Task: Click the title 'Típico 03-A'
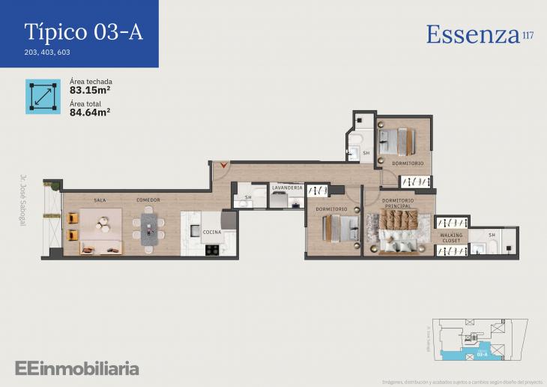[x=83, y=31]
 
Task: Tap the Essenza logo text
[x=473, y=34]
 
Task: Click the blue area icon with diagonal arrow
[x=43, y=96]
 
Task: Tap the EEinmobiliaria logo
[x=76, y=367]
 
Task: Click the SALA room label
[x=100, y=200]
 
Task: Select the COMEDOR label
[x=148, y=200]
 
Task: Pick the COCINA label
[x=212, y=232]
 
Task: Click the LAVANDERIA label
[x=287, y=187]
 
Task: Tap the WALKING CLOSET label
[x=452, y=238]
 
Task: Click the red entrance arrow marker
[x=220, y=165]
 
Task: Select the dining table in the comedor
[x=150, y=228]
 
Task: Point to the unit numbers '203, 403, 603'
[x=48, y=52]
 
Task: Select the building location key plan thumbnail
[x=477, y=342]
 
